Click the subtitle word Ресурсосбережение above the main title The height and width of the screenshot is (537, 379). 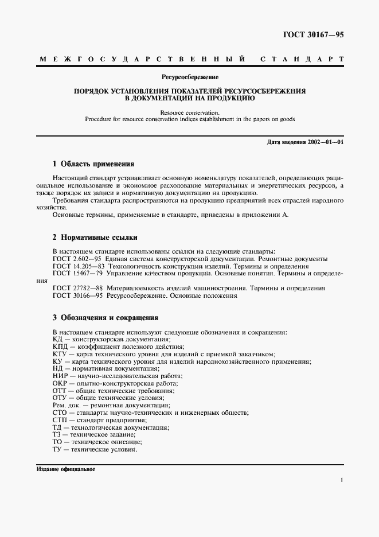(x=189, y=76)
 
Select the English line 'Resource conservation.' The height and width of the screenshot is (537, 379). (x=189, y=113)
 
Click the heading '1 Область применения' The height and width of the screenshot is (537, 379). (x=93, y=164)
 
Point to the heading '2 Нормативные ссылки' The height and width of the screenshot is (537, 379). (x=95, y=237)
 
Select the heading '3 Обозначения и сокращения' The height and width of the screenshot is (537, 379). (x=105, y=317)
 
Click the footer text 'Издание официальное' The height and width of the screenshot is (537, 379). (x=65, y=469)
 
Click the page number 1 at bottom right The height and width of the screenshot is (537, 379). (x=342, y=481)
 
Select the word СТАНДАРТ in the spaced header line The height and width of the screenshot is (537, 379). (x=302, y=59)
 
